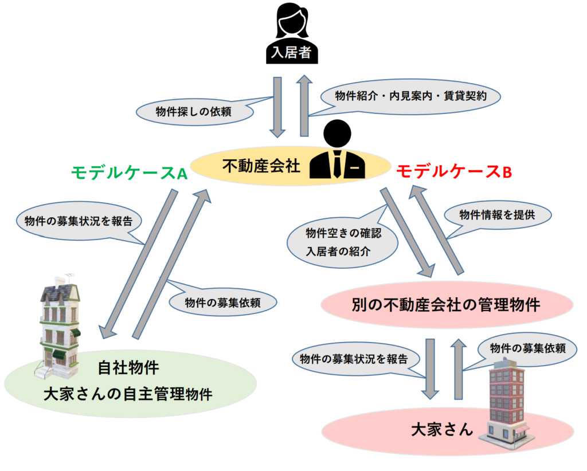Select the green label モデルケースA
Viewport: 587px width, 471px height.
tap(130, 172)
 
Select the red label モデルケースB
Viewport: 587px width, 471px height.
tap(453, 171)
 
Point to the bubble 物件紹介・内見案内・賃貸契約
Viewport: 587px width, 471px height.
tap(410, 96)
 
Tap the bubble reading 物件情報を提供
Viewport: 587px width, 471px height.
tap(497, 215)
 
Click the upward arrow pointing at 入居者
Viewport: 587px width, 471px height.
tap(304, 106)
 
